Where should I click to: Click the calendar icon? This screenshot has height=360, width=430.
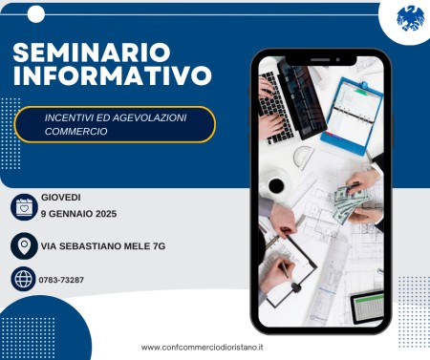[x=24, y=206]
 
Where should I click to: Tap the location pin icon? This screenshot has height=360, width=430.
[x=24, y=245]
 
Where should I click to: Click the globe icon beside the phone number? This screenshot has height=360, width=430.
[x=24, y=279]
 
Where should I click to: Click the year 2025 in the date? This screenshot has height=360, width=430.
[x=104, y=214]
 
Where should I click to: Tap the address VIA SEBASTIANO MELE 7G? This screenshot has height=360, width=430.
[x=103, y=245]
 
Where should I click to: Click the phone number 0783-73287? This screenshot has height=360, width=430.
[x=63, y=280]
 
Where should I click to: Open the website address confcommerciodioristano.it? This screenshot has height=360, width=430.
[x=203, y=348]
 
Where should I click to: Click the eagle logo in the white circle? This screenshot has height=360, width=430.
[x=410, y=17]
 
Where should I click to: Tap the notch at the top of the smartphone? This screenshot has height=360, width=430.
[x=320, y=60]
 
